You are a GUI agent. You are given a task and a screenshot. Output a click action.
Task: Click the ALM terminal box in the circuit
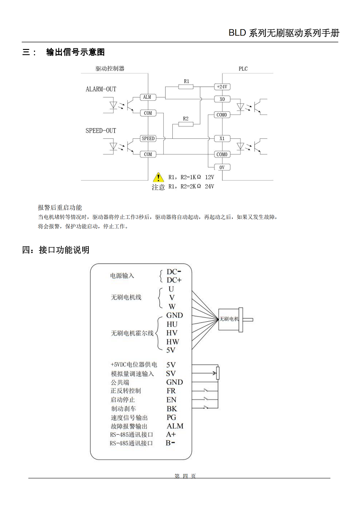(147, 97)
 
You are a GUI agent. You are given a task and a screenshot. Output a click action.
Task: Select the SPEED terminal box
(148, 138)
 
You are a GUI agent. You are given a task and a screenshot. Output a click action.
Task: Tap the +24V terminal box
(222, 87)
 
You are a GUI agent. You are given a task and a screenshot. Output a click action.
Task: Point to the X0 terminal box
(222, 99)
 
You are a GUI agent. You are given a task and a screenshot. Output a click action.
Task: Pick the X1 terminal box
(222, 138)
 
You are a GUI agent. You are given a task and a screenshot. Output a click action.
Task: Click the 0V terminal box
(222, 167)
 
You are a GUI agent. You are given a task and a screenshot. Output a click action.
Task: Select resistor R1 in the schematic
(186, 87)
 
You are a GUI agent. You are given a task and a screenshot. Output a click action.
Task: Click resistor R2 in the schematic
(186, 124)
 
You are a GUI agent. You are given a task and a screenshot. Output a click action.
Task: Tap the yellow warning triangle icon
(158, 177)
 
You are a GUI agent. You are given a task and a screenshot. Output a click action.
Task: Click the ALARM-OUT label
(101, 89)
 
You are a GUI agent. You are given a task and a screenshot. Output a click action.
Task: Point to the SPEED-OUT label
(101, 131)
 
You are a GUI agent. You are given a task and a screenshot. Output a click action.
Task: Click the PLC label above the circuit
(243, 69)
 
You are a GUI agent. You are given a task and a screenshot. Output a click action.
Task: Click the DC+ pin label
(174, 280)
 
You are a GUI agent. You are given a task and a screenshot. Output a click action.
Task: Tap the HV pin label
(172, 333)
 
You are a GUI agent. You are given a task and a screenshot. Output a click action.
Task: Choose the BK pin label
(171, 409)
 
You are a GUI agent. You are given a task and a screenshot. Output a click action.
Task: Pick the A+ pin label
(171, 434)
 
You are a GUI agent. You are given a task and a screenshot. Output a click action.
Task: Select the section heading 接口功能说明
(64, 250)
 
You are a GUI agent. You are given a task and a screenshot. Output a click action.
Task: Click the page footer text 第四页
(185, 476)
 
